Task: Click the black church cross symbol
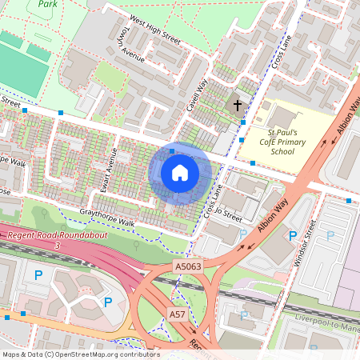(x=236, y=105)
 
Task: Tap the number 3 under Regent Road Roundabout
(x=58, y=246)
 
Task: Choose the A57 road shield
(x=178, y=315)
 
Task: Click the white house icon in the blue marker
(x=180, y=174)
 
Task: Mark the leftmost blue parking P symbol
(x=38, y=274)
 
